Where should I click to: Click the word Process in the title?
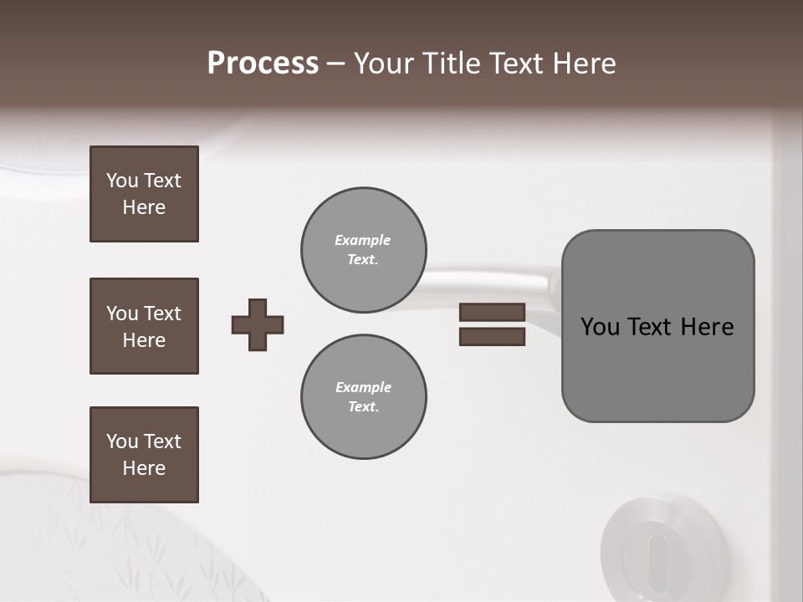pyautogui.click(x=263, y=64)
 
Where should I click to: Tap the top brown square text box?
pyautogui.click(x=144, y=194)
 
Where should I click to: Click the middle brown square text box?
pyautogui.click(x=144, y=326)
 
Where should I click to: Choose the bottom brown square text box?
pyautogui.click(x=144, y=455)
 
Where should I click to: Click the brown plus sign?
pyautogui.click(x=258, y=324)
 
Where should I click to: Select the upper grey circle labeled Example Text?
pyautogui.click(x=364, y=250)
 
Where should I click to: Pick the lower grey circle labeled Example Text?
pyautogui.click(x=364, y=397)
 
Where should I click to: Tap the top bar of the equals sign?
pyautogui.click(x=492, y=312)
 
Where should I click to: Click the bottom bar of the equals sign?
pyautogui.click(x=492, y=336)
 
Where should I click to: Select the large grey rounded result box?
pyautogui.click(x=657, y=368)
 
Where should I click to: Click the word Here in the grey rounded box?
pyautogui.click(x=707, y=327)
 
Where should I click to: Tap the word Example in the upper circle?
pyautogui.click(x=363, y=240)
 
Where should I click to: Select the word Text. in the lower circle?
pyautogui.click(x=363, y=407)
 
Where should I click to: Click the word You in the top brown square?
pyautogui.click(x=122, y=181)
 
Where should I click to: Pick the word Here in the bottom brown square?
pyautogui.click(x=144, y=468)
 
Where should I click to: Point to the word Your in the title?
pyautogui.click(x=383, y=64)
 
